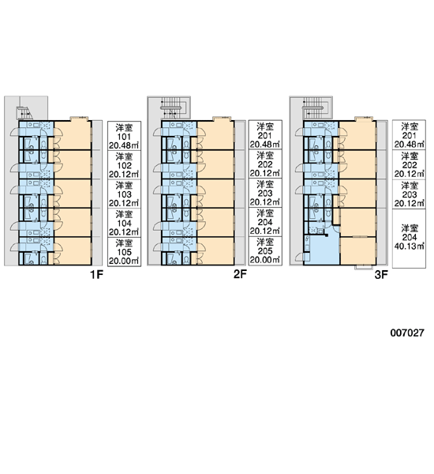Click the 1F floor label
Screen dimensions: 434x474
(96, 275)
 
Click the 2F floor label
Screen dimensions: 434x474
(240, 274)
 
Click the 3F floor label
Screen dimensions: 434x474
(381, 275)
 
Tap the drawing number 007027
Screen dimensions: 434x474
(407, 333)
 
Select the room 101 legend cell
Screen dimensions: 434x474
(124, 136)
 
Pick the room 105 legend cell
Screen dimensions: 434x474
(124, 251)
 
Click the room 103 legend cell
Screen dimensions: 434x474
(124, 194)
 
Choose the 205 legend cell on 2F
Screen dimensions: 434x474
(265, 250)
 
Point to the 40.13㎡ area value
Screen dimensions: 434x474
(410, 246)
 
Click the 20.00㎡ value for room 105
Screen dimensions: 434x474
(124, 261)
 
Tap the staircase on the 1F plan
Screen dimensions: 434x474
(24, 113)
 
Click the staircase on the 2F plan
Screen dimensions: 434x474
(173, 108)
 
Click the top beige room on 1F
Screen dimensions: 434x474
(73, 135)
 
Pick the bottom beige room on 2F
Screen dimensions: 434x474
(215, 251)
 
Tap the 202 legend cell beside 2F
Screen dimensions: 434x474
(265, 164)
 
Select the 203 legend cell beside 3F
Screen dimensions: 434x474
(410, 194)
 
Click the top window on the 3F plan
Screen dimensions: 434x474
(362, 118)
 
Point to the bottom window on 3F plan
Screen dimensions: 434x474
(363, 267)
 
